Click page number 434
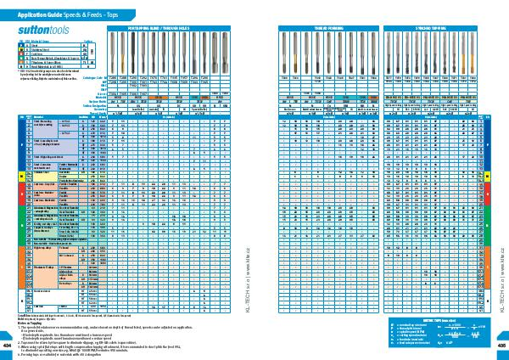[x=8, y=346]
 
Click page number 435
[x=501, y=346]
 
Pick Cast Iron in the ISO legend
[x=42, y=53]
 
